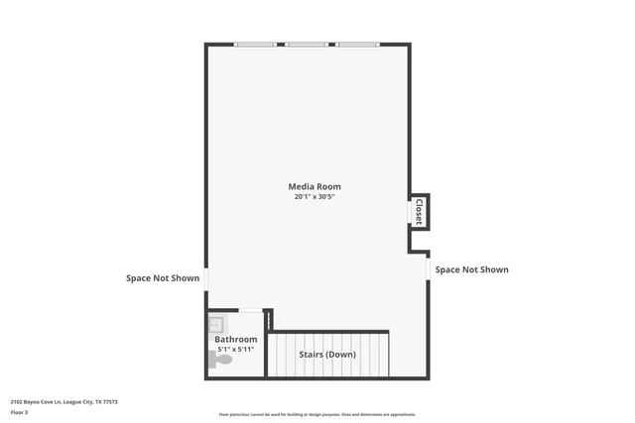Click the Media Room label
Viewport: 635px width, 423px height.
315,186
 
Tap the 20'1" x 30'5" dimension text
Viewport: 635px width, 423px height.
315,197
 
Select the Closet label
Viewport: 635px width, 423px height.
419,211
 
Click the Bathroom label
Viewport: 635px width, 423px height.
236,339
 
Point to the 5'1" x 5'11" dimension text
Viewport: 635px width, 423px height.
236,350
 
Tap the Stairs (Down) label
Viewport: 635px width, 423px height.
327,354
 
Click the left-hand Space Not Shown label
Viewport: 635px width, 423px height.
163,278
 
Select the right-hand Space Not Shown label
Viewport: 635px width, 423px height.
471,269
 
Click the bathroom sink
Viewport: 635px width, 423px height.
216,324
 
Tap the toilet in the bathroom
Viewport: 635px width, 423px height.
222,360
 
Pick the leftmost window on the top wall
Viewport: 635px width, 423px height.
255,45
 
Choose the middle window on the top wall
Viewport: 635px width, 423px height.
307,45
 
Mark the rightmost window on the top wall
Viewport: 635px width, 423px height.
357,45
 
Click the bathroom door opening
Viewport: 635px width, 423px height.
251,311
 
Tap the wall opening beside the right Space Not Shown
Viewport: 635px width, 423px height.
428,268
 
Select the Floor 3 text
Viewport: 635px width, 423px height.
19,411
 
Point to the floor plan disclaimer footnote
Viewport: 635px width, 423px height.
317,414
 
